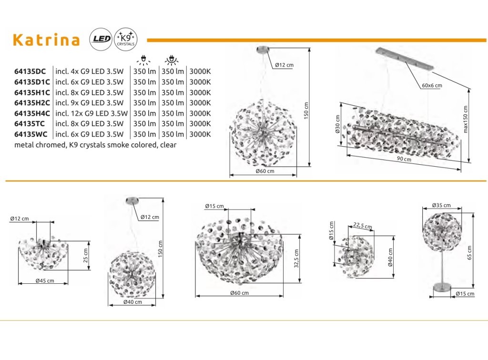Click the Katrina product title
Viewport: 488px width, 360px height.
[x=46, y=40]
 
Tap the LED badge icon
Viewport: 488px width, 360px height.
[x=101, y=39]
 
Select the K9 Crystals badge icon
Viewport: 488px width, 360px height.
[x=125, y=39]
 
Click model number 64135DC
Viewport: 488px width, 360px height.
[x=30, y=71]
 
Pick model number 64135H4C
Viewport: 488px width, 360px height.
[x=32, y=113]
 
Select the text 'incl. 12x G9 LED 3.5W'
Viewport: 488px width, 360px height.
[x=91, y=113]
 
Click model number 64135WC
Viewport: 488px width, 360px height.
[x=31, y=134]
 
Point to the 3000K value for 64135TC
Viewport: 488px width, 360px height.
[x=200, y=123]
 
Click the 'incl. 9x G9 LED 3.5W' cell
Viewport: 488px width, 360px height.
[x=89, y=102]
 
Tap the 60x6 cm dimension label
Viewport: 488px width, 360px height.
[x=432, y=85]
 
